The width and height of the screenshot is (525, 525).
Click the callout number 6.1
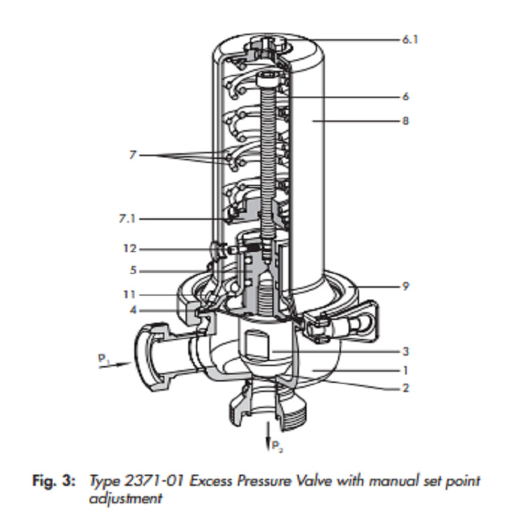[x=409, y=41]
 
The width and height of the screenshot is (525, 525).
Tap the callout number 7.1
[x=126, y=219]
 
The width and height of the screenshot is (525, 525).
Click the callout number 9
[x=406, y=286]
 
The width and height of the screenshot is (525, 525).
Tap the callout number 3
[x=406, y=351]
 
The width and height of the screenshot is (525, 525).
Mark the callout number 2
[x=406, y=388]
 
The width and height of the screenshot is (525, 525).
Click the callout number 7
[x=132, y=155]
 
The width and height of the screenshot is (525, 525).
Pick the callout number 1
[x=406, y=371]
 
